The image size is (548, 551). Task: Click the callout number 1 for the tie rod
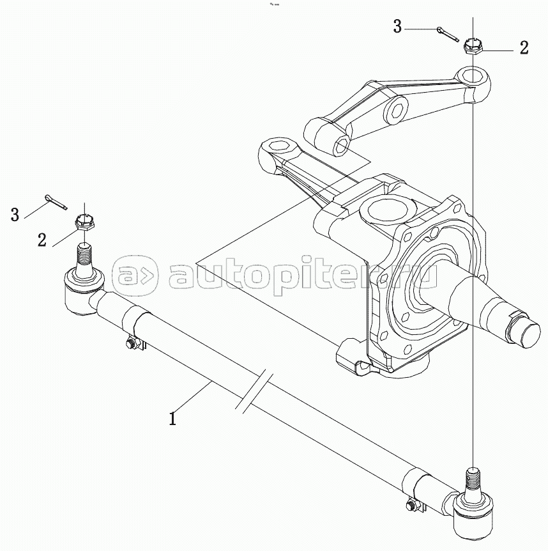[172, 419]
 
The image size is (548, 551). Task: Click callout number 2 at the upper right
[524, 49]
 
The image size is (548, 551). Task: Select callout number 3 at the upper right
[397, 27]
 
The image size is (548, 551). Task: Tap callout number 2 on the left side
[42, 240]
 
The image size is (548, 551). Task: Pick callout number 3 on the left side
[15, 214]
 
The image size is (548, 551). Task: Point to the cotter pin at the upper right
[447, 33]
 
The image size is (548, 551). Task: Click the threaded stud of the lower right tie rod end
[473, 478]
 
